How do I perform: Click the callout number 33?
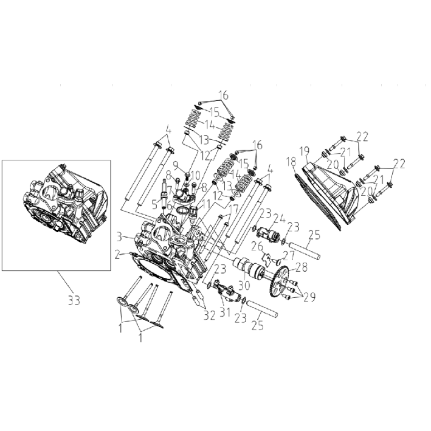[x=74, y=300]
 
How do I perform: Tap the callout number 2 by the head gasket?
[x=118, y=255]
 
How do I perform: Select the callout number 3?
[x=119, y=236]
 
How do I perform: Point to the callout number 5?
[x=155, y=204]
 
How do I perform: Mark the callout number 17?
[x=234, y=210]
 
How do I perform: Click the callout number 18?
[x=291, y=162]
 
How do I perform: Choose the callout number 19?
[x=305, y=151]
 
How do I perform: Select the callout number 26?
[x=257, y=246]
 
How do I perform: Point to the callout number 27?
[x=288, y=256]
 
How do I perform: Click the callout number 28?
[x=302, y=267]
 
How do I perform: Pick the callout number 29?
[x=309, y=297]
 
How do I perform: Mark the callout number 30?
[x=244, y=285]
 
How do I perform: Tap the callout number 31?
[x=224, y=312]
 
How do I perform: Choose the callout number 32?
[x=210, y=316]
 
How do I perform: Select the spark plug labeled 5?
[x=165, y=193]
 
